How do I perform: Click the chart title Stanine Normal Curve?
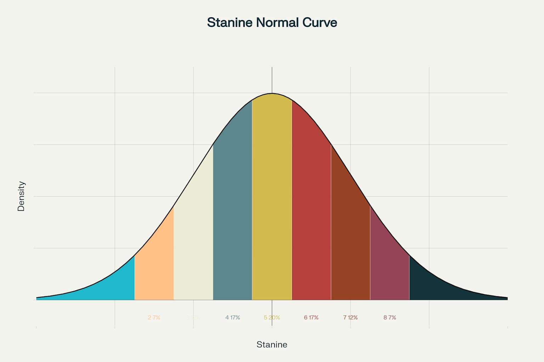[272, 23]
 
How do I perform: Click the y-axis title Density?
[21, 196]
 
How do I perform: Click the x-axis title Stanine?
[272, 345]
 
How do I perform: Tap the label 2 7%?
[154, 317]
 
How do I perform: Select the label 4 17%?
[233, 317]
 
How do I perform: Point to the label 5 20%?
[272, 317]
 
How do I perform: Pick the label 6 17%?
[311, 317]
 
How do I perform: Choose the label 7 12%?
[351, 317]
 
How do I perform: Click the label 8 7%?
[390, 317]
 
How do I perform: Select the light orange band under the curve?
[154, 269]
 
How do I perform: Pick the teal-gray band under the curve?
[233, 212]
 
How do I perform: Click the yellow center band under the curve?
[272, 198]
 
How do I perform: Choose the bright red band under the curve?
[311, 212]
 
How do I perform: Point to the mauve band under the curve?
[390, 269]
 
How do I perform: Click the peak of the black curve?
[272, 93]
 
